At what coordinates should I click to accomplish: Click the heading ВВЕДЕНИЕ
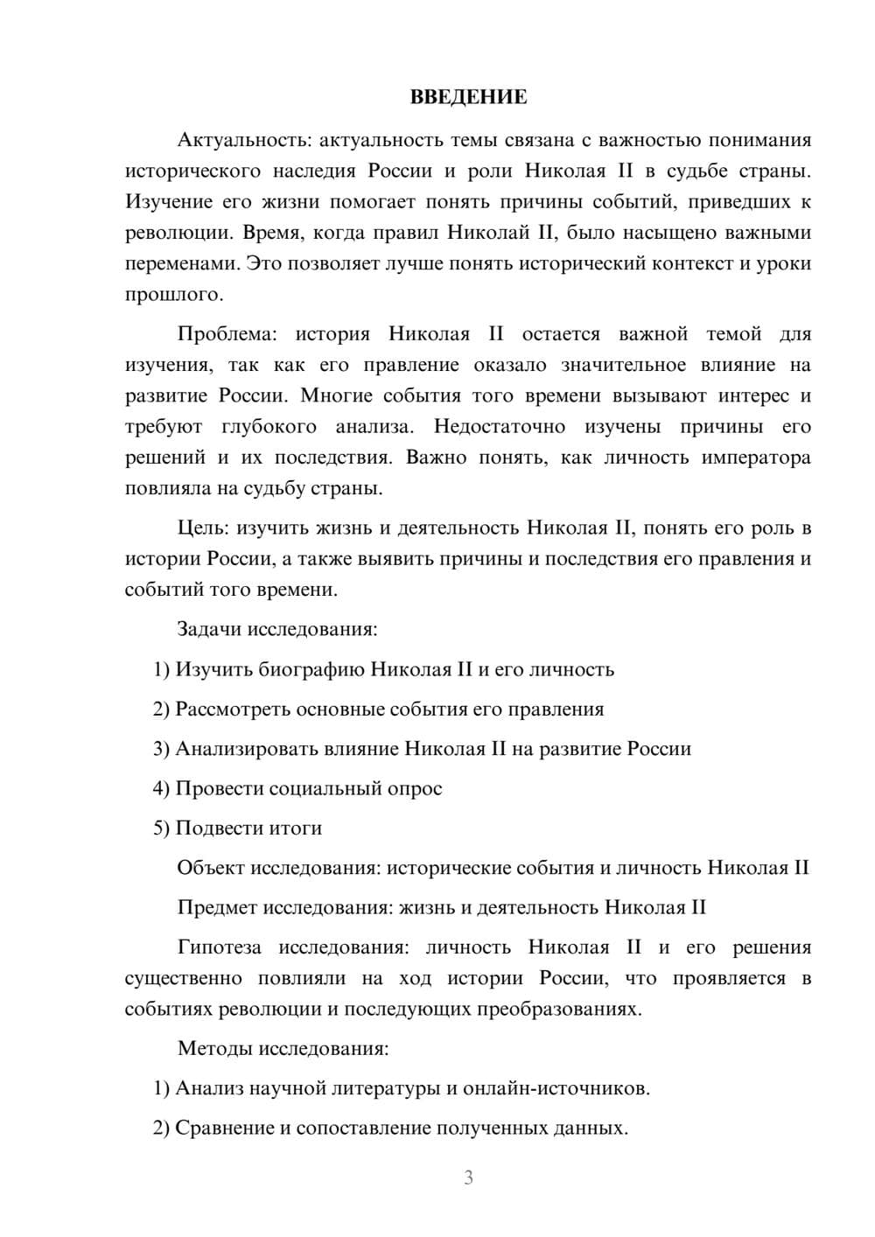pyautogui.click(x=468, y=97)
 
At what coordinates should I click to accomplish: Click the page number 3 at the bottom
pyautogui.click(x=468, y=1178)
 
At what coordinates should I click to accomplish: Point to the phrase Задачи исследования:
pyautogui.click(x=277, y=629)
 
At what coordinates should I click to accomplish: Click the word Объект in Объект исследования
pyautogui.click(x=211, y=868)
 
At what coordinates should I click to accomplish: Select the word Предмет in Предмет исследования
pyautogui.click(x=217, y=907)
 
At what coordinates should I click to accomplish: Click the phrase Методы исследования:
pyautogui.click(x=283, y=1048)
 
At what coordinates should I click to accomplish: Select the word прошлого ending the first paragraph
pyautogui.click(x=171, y=294)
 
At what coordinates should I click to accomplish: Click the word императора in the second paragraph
pyautogui.click(x=755, y=458)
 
